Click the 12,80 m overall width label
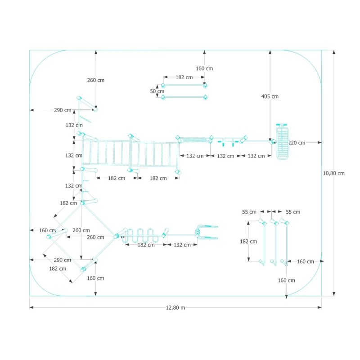tap(176, 308)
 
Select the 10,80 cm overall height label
tap(334, 173)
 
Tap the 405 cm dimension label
tap(270, 96)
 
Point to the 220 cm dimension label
tap(297, 143)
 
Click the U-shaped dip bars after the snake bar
tap(207, 232)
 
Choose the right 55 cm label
tap(293, 211)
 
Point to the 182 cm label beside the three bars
tap(248, 241)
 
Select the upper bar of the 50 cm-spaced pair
tap(184, 85)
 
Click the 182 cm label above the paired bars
tap(184, 77)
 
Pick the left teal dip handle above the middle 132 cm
tap(221, 143)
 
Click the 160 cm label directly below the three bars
tap(286, 280)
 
